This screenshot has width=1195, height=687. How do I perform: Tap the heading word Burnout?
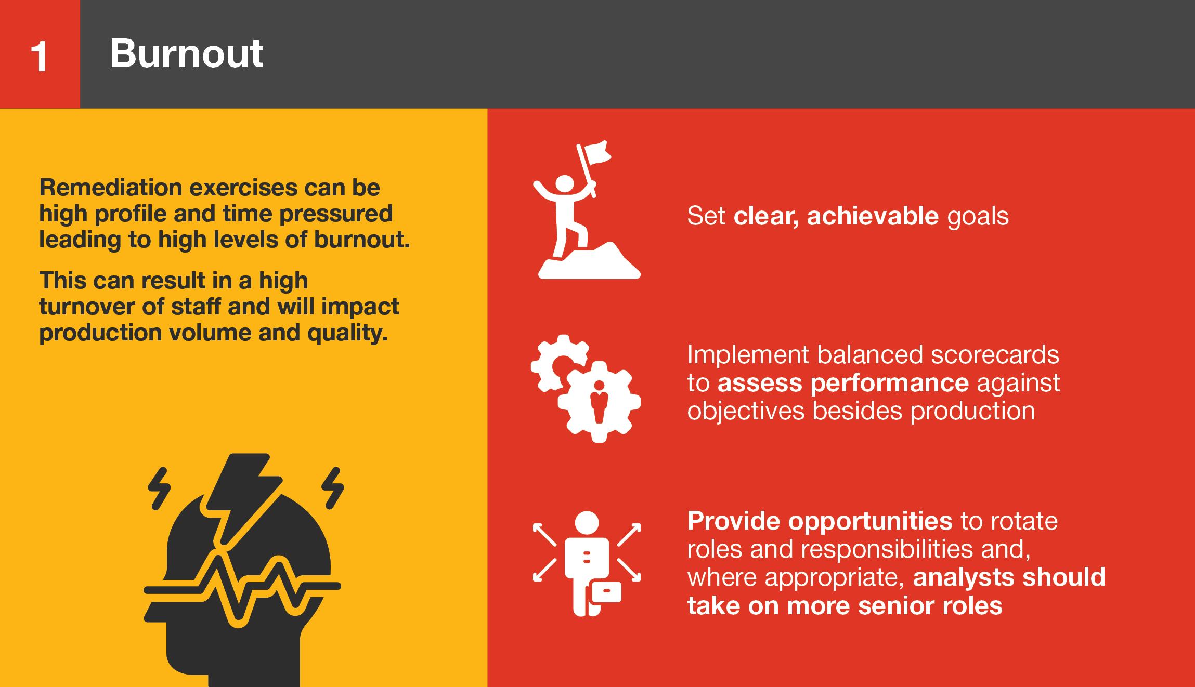[x=187, y=54]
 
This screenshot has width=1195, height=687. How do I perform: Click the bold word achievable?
[x=873, y=216]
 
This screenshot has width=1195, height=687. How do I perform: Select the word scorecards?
[x=995, y=354]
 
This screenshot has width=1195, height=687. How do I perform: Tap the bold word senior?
[x=897, y=606]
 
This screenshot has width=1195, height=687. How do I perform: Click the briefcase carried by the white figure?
[x=606, y=592]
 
